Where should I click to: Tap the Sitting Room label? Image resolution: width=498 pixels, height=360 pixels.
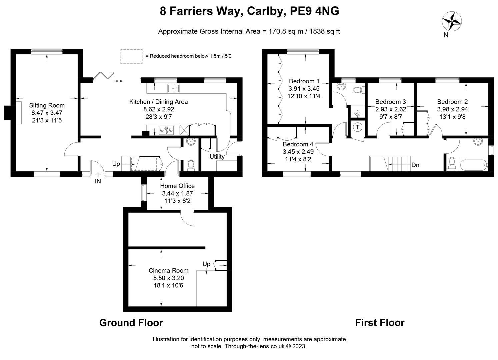click(x=47, y=105)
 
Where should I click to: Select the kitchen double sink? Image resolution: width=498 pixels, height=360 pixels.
click(x=173, y=88)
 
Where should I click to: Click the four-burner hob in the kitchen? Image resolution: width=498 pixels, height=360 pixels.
click(x=166, y=130)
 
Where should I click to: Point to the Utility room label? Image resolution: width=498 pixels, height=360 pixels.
click(x=217, y=157)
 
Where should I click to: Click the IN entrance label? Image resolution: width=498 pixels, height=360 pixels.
click(x=98, y=181)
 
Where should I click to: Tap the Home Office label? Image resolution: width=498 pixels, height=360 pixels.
click(x=177, y=186)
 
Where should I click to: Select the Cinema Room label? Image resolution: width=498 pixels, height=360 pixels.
click(x=169, y=270)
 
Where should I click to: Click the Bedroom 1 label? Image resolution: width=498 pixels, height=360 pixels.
click(x=304, y=81)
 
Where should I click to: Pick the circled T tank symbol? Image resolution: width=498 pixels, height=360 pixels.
click(x=358, y=127)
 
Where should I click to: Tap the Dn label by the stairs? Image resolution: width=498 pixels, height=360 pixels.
click(x=415, y=165)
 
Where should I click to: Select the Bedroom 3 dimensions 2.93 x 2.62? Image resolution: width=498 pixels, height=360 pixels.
click(x=391, y=109)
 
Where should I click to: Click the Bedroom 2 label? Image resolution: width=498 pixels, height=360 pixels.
click(x=452, y=102)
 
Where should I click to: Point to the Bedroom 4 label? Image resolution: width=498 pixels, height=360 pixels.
click(x=298, y=144)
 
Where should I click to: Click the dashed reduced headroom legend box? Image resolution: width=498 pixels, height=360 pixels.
click(x=131, y=56)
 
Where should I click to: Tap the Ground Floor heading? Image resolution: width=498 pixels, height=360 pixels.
click(x=131, y=323)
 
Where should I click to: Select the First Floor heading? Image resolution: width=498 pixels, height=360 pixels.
click(x=380, y=323)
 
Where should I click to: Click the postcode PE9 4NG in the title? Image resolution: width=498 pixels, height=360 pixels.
click(x=315, y=11)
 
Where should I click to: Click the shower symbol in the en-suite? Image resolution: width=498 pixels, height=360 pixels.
click(x=357, y=114)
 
